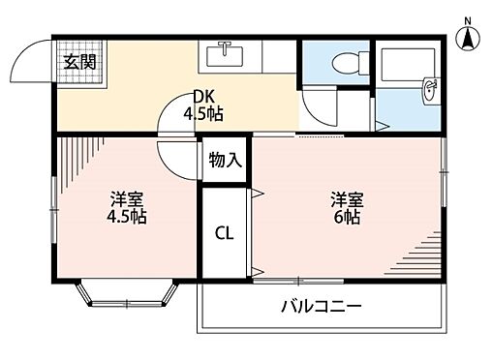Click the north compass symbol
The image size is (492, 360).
coord(466,36)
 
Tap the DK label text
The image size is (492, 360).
coord(202,98)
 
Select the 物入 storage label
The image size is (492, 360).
coord(226,160)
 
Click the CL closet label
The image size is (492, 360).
coord(224,232)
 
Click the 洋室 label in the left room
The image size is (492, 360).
coord(127,199)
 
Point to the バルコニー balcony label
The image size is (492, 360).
coord(322,307)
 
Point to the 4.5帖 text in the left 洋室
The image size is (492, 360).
coord(127,218)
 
